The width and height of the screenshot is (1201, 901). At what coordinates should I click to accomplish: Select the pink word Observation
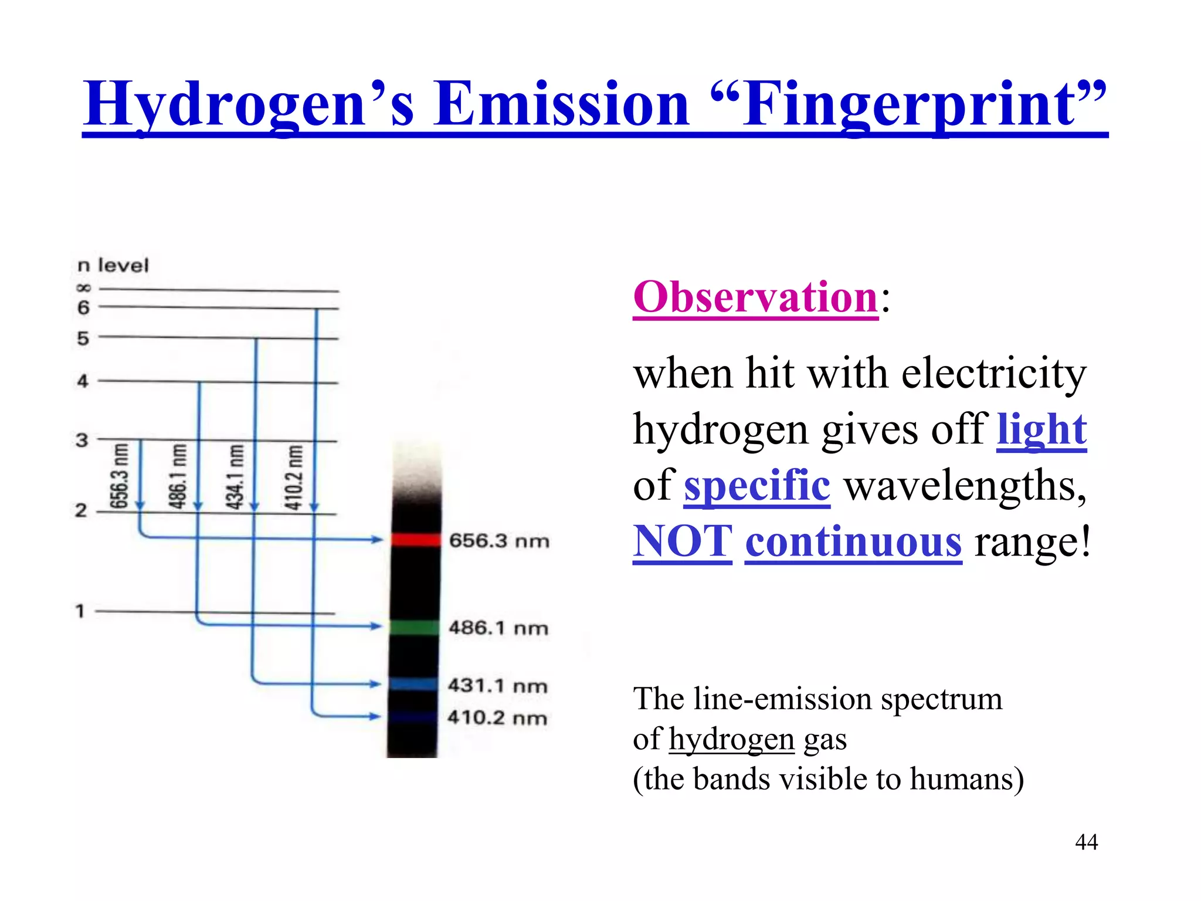[x=755, y=297]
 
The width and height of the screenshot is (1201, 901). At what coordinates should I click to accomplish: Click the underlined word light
[x=1041, y=429]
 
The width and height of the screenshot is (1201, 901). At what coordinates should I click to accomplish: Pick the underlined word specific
[x=756, y=486]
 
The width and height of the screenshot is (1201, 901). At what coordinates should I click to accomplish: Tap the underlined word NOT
[x=683, y=541]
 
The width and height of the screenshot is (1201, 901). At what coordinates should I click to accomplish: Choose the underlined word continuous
[x=853, y=541]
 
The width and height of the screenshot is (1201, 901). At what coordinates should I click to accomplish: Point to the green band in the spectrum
[x=414, y=627]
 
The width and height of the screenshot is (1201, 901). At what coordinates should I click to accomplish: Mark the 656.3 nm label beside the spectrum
[x=499, y=540]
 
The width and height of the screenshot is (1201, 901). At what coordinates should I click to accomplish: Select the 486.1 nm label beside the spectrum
[x=498, y=628]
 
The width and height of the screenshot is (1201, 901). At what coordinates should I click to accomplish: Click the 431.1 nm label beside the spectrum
[x=497, y=685]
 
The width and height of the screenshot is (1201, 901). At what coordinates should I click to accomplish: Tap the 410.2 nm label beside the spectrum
[x=497, y=717]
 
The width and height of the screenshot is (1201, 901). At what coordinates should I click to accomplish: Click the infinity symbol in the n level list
[x=84, y=288]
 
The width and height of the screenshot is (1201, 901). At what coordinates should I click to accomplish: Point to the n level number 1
[x=80, y=611]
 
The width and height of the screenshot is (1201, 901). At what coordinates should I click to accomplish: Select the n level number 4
[x=83, y=381]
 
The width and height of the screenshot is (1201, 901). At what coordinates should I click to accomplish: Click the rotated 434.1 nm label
[x=235, y=476]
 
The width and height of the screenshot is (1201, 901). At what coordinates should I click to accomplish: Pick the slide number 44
[x=1086, y=842]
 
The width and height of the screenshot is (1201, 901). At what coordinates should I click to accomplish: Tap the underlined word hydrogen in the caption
[x=731, y=739]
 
